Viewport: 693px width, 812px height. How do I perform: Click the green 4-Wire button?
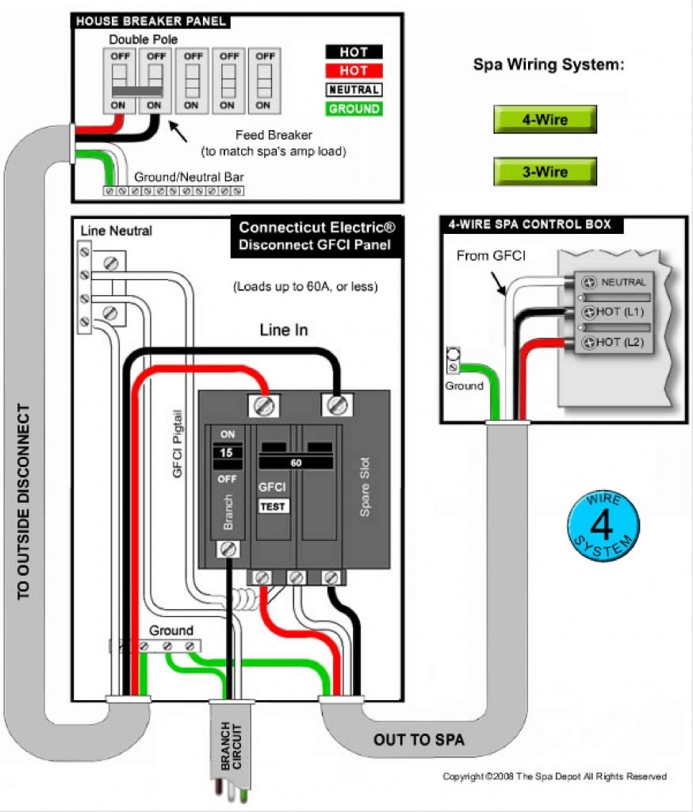tap(544, 121)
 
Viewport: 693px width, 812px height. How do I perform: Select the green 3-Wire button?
tap(544, 171)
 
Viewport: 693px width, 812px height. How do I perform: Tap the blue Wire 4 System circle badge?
tap(603, 526)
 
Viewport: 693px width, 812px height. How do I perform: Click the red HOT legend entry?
tap(354, 71)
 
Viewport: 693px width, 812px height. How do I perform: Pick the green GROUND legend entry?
tap(354, 109)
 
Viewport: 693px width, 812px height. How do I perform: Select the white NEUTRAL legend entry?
tap(354, 90)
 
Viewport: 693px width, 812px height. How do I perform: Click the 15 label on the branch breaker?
tap(227, 451)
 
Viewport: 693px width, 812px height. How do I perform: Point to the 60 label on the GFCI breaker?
tap(295, 462)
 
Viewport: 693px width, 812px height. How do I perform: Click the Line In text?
tap(284, 331)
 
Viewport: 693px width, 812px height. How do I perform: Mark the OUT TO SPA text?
tap(419, 741)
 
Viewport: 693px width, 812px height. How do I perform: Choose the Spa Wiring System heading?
tap(549, 65)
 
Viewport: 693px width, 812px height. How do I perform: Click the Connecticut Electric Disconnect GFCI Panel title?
tap(316, 236)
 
